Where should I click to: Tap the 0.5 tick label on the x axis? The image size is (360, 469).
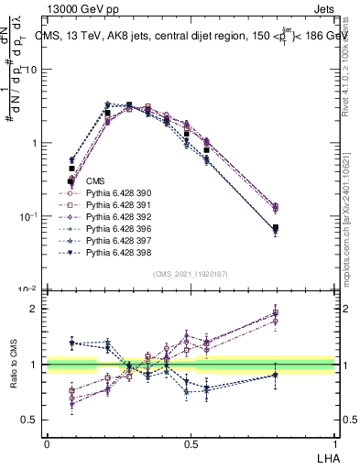[191, 442]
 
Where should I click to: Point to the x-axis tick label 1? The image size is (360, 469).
[335, 442]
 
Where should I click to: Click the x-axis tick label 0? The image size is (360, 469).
[47, 442]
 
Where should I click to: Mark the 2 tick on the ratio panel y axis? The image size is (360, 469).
[34, 309]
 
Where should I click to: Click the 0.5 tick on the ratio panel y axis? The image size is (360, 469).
[30, 420]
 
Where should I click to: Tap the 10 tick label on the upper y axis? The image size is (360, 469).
[31, 70]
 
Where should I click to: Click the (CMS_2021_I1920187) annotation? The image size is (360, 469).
[191, 274]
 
